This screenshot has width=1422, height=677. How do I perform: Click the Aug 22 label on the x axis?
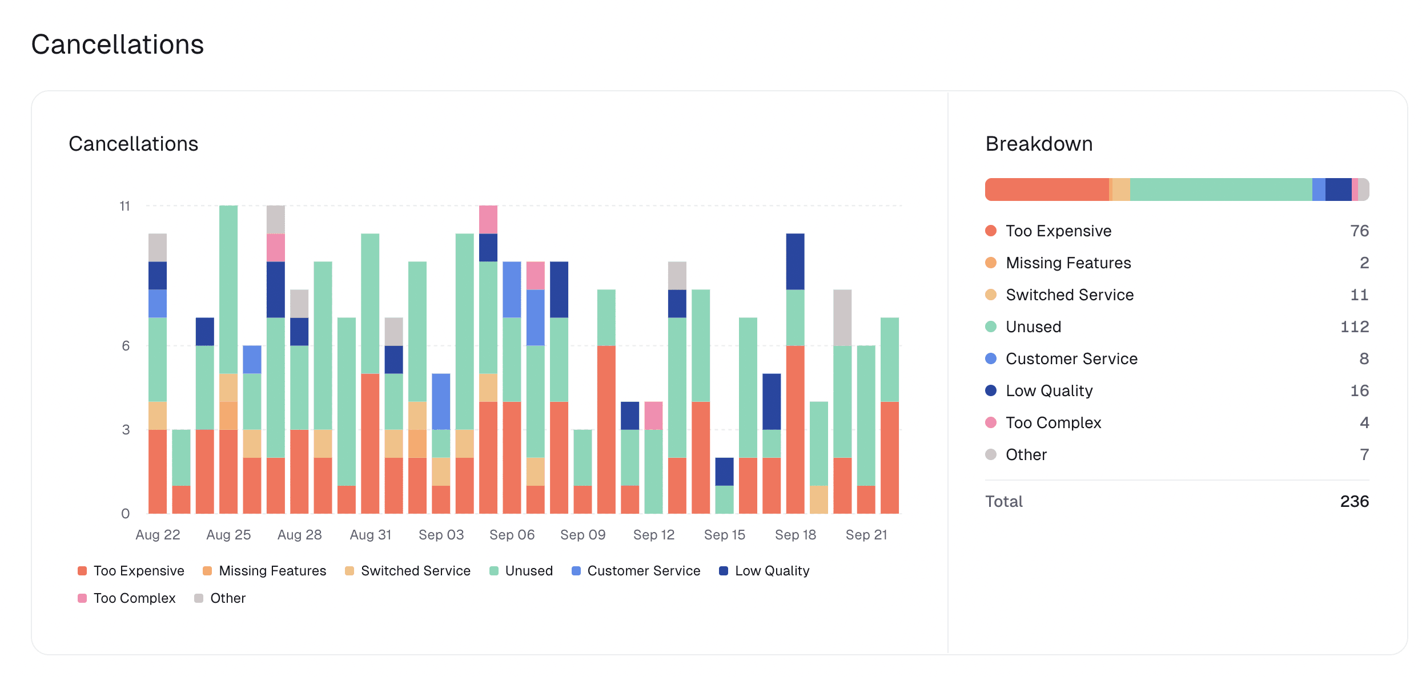(158, 535)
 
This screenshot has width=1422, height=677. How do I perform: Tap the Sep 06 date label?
(512, 535)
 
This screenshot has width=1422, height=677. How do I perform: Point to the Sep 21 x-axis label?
(866, 535)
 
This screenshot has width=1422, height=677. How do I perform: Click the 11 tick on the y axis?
(125, 206)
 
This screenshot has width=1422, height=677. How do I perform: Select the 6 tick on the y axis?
(126, 346)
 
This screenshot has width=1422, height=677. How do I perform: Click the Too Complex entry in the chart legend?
(134, 598)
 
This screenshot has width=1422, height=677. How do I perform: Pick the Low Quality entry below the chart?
(772, 571)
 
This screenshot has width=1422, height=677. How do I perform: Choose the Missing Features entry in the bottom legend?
(272, 571)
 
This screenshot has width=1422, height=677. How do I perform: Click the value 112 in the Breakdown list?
(1354, 327)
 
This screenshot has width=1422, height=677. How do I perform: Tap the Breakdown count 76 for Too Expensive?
(1359, 231)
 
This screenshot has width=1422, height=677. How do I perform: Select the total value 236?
(1354, 501)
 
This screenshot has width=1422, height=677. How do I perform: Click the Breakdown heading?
(1039, 144)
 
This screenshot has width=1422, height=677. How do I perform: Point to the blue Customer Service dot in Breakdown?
(991, 358)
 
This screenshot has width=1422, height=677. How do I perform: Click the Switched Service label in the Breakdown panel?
(1069, 295)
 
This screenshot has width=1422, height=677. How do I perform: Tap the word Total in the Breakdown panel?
(1003, 501)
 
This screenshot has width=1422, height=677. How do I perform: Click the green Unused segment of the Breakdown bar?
(1221, 190)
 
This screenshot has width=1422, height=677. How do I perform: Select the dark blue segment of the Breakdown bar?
(1338, 190)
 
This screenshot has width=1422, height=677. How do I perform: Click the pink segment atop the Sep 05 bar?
(488, 220)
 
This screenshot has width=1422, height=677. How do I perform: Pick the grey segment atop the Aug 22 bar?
(158, 247)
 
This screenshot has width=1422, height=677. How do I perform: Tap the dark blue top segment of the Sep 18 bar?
(795, 261)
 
